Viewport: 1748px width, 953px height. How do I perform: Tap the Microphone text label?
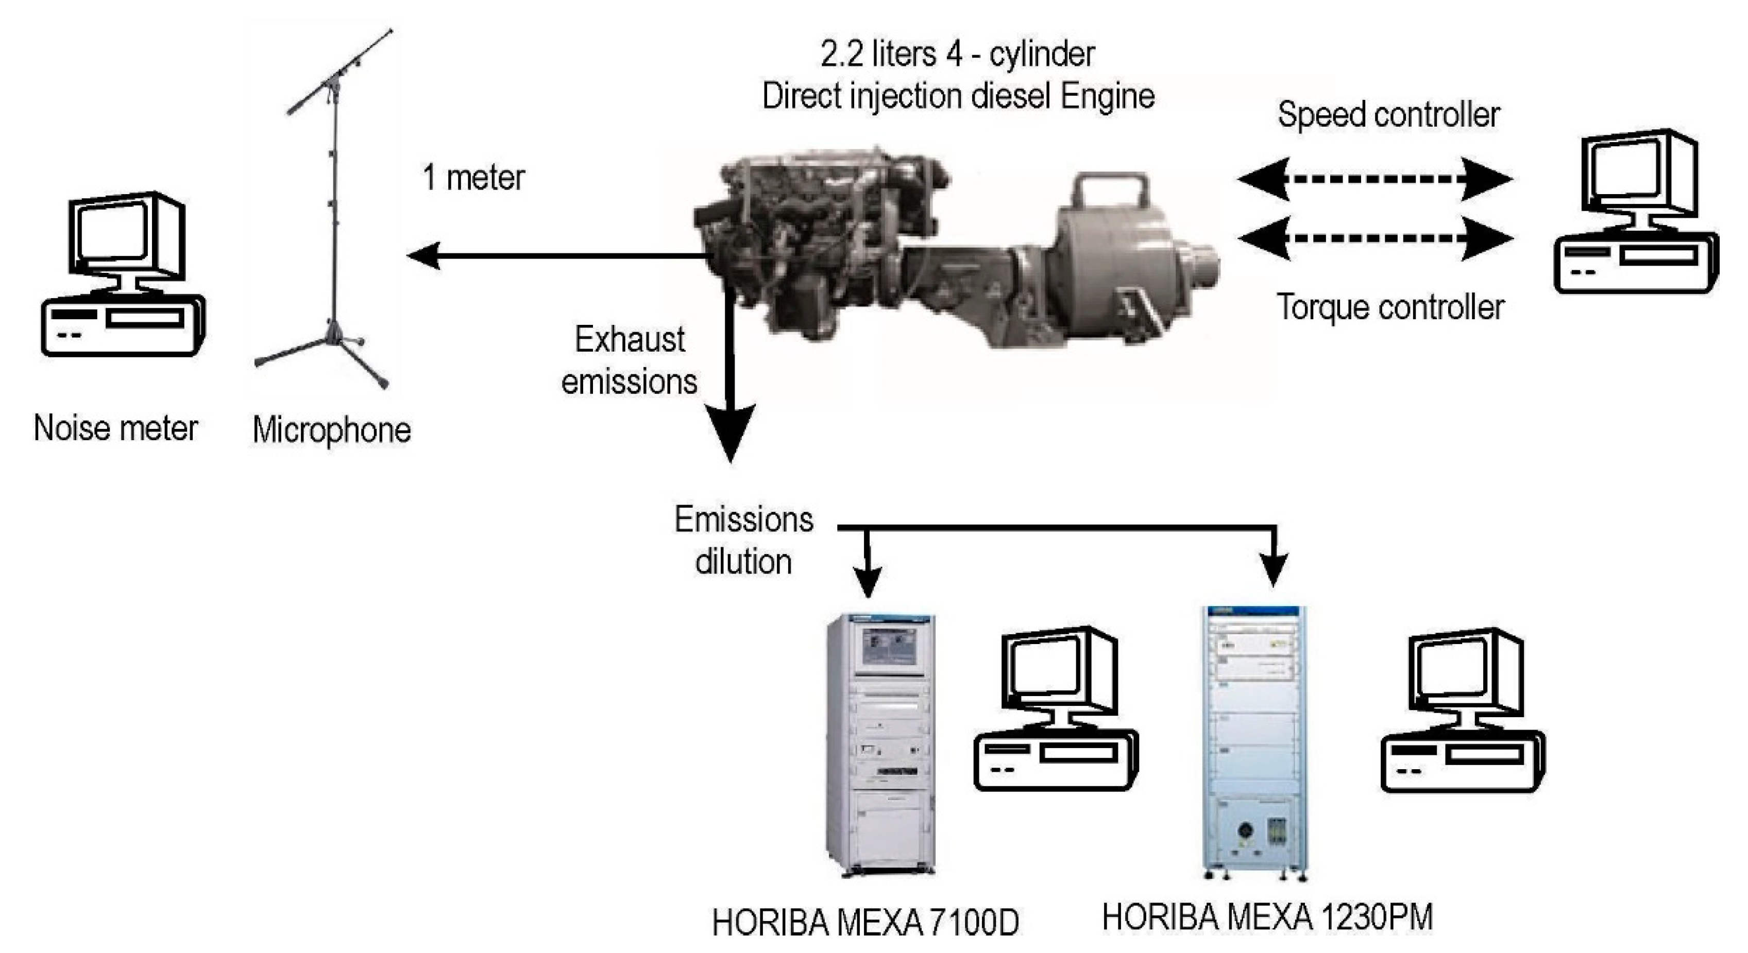click(332, 430)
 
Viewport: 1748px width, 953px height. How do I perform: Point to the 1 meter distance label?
click(473, 178)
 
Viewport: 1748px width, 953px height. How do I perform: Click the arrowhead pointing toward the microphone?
click(423, 256)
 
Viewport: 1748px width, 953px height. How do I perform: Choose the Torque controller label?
click(1391, 307)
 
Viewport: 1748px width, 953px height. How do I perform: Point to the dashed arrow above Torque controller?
click(1376, 238)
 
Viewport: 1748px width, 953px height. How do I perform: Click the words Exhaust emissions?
click(629, 360)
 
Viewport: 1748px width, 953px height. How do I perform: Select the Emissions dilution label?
click(744, 541)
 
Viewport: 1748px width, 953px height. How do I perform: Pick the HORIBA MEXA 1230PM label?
click(1267, 917)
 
